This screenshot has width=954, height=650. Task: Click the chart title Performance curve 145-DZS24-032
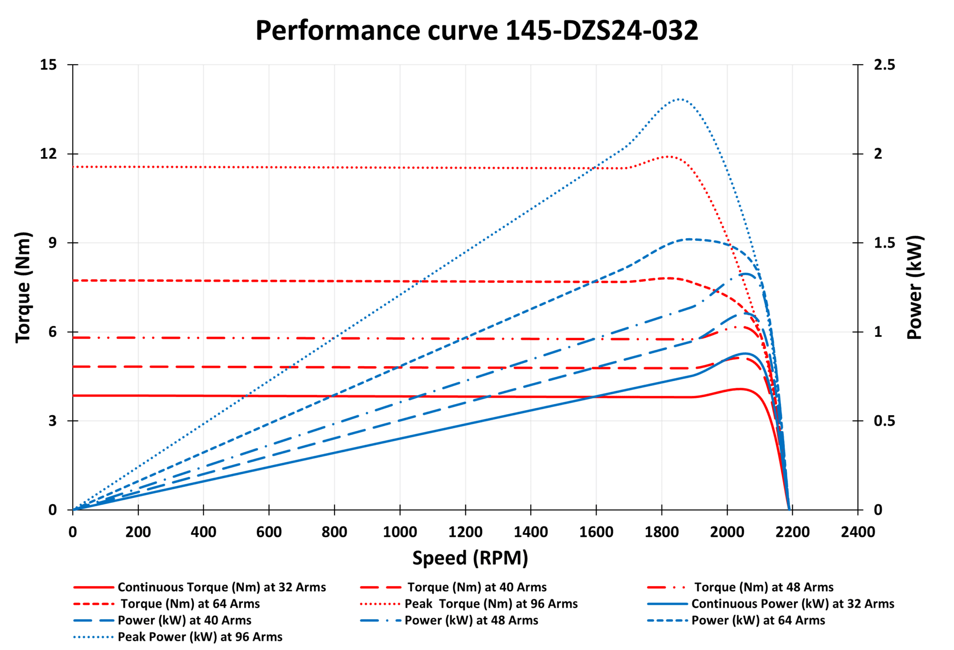(x=477, y=31)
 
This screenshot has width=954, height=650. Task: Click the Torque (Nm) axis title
(x=23, y=287)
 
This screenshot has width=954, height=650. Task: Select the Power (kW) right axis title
(x=914, y=287)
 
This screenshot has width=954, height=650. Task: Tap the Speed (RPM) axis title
(x=470, y=558)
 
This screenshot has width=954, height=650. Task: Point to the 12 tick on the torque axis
(x=48, y=154)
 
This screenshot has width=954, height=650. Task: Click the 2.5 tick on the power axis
(x=884, y=65)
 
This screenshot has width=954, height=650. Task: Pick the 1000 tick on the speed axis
(x=400, y=532)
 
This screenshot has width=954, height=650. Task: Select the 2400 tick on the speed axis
(x=858, y=532)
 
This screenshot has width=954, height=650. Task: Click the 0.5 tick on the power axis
(x=884, y=421)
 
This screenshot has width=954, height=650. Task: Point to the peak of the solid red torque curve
(x=740, y=389)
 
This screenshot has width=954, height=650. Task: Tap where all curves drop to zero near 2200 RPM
(x=789, y=509)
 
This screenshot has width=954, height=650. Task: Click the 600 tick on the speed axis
(x=269, y=532)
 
